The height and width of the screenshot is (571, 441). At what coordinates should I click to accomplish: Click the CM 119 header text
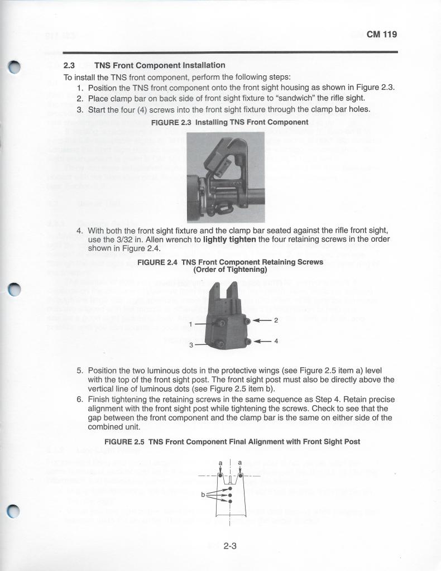point(381,35)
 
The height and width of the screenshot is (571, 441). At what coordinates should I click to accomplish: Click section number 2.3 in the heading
point(70,65)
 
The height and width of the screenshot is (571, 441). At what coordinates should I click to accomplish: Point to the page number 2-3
point(230,546)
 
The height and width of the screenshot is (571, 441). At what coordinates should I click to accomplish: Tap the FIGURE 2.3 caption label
point(168,122)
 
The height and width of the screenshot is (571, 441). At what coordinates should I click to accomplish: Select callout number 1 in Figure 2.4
point(191,324)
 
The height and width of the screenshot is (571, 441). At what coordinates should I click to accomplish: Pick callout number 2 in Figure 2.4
point(276,320)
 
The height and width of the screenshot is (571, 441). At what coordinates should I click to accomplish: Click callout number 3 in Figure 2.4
point(191,345)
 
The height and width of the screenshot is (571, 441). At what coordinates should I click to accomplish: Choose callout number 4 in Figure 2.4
point(276,341)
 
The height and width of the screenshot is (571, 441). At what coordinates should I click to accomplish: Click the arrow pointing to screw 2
point(261,320)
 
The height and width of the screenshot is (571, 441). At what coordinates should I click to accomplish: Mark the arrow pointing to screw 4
point(261,341)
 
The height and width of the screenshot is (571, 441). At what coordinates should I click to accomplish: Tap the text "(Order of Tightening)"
point(230,270)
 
